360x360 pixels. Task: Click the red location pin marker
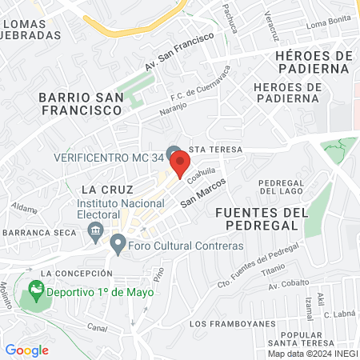[x=181, y=164]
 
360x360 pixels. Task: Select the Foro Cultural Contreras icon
[x=118, y=242]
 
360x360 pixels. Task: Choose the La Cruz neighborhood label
[x=101, y=190]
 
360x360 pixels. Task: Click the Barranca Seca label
[x=39, y=231]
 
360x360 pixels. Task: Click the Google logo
[x=26, y=350]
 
